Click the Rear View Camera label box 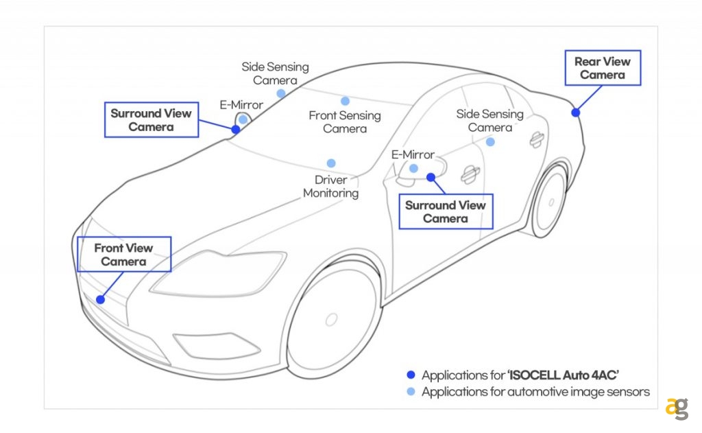tap(603, 67)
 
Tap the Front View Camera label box tap(123, 255)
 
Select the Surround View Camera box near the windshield tap(151, 120)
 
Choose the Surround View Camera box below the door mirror tap(445, 211)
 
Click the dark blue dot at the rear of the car tap(576, 113)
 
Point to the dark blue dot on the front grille tap(101, 299)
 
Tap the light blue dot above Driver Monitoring tap(331, 163)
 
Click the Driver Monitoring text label tap(331, 187)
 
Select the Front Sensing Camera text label tap(345, 122)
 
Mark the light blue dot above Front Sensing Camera tap(345, 101)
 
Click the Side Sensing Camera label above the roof tap(275, 73)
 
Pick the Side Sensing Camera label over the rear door tap(489, 121)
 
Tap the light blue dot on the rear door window tap(490, 142)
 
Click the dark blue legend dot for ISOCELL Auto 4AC tap(411, 375)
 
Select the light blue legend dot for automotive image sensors tap(411, 392)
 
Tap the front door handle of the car tap(470, 175)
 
